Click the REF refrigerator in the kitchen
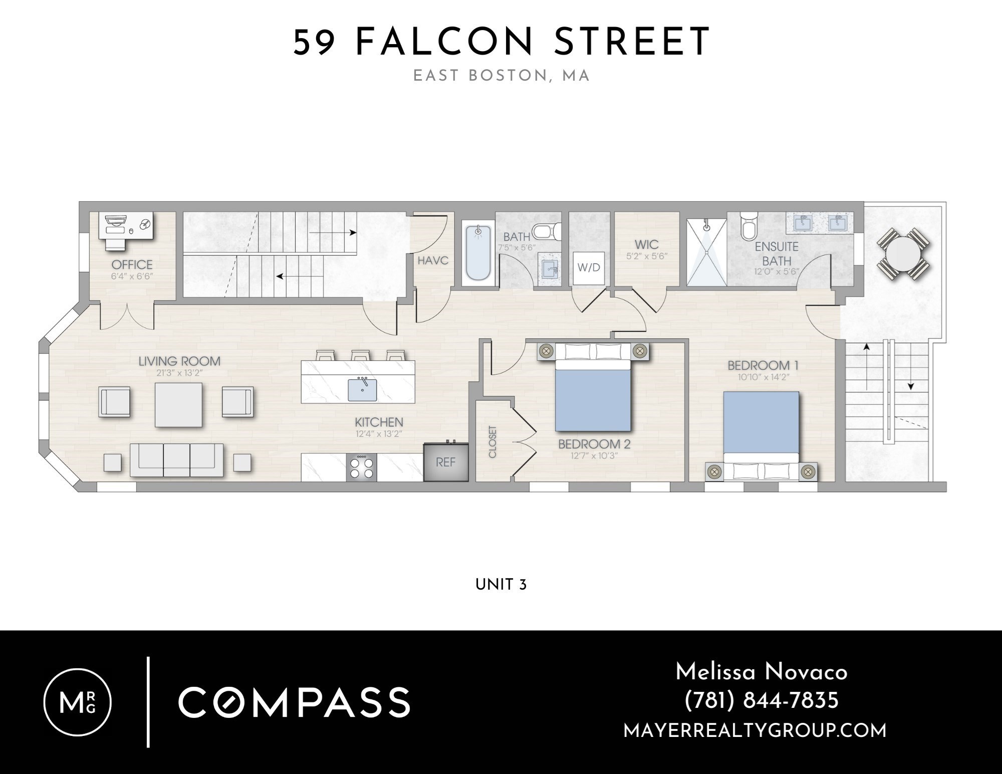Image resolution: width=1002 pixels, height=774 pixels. [x=445, y=462]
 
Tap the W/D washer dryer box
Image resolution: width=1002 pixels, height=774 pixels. [x=589, y=268]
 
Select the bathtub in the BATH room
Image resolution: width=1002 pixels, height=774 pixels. [x=478, y=253]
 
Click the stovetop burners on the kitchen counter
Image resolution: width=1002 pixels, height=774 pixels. [x=362, y=467]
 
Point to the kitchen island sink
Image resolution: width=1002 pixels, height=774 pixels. [x=362, y=390]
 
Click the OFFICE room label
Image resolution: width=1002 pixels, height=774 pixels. [x=132, y=264]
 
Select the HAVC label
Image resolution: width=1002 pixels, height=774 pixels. [x=433, y=261]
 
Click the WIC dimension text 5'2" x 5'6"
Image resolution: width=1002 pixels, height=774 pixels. [x=647, y=256]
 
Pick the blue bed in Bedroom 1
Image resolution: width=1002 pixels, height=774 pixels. [x=761, y=426]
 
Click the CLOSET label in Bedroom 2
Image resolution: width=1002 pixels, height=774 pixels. [x=492, y=442]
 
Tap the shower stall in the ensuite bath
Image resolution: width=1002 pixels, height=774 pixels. [x=706, y=253]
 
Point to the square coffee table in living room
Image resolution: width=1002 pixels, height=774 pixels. [x=178, y=405]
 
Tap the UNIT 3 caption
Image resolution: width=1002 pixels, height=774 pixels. [x=500, y=585]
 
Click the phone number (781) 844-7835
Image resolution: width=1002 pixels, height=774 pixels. [x=761, y=700]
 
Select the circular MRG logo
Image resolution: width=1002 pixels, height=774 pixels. [x=78, y=702]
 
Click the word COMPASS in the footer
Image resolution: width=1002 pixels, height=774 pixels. [x=294, y=702]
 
